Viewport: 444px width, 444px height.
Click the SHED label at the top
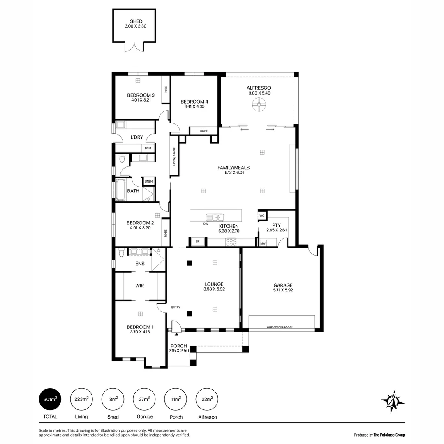[134, 21]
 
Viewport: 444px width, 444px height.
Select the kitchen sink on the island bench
[215, 217]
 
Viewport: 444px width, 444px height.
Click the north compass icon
[393, 400]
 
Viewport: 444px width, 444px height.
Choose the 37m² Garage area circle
[144, 399]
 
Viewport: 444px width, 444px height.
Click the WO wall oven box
[262, 215]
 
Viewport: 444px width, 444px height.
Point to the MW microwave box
[263, 243]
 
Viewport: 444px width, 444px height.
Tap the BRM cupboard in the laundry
[148, 148]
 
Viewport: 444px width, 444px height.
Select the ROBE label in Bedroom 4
[203, 131]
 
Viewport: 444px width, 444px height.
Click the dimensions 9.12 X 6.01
[234, 173]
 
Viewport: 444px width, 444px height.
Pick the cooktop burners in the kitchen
[231, 243]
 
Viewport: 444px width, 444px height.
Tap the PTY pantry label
[276, 225]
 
